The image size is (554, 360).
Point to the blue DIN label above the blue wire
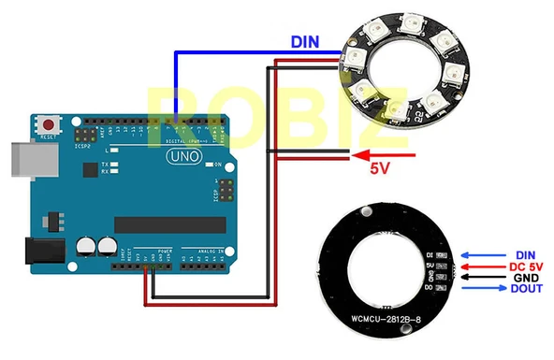(x=305, y=42)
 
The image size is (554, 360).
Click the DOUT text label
(x=526, y=290)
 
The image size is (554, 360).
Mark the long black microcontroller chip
(x=170, y=224)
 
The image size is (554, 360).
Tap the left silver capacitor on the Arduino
(x=86, y=246)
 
